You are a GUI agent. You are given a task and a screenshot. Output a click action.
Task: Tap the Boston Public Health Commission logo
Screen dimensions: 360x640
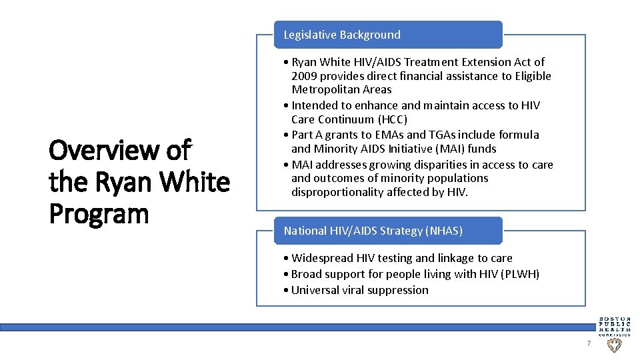tap(613, 325)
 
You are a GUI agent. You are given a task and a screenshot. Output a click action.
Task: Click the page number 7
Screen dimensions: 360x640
tap(588, 343)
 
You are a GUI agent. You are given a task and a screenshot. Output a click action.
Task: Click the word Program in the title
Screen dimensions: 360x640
tap(99, 214)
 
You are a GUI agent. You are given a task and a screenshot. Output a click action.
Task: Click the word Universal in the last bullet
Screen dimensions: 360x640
tap(317, 290)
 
